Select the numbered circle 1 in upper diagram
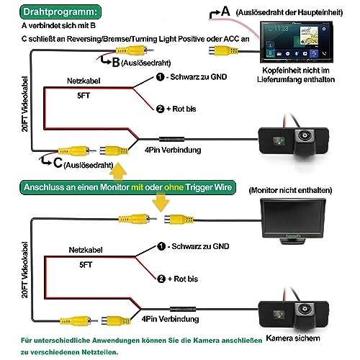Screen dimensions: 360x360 pyautogui.click(x=160, y=77)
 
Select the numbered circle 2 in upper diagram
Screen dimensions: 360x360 pyautogui.click(x=160, y=109)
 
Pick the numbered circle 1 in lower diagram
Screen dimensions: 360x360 pyautogui.click(x=160, y=246)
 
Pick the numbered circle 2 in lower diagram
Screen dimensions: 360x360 pyautogui.click(x=160, y=278)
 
